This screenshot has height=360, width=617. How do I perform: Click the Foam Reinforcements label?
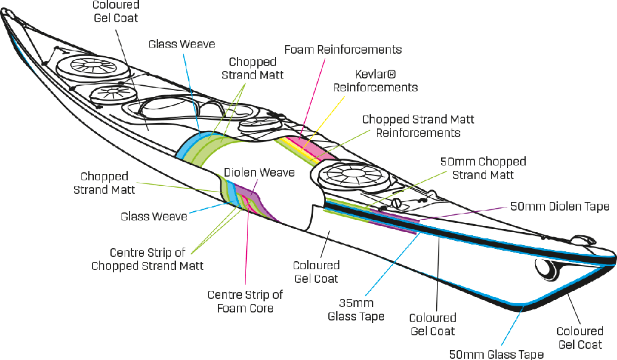click(x=344, y=49)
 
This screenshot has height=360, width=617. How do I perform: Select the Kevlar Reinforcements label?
click(x=375, y=81)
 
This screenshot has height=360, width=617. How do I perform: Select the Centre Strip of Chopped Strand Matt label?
click(x=148, y=259)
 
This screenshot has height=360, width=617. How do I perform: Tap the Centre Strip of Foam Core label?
click(x=246, y=299)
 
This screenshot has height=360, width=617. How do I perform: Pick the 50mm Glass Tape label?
click(x=497, y=354)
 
